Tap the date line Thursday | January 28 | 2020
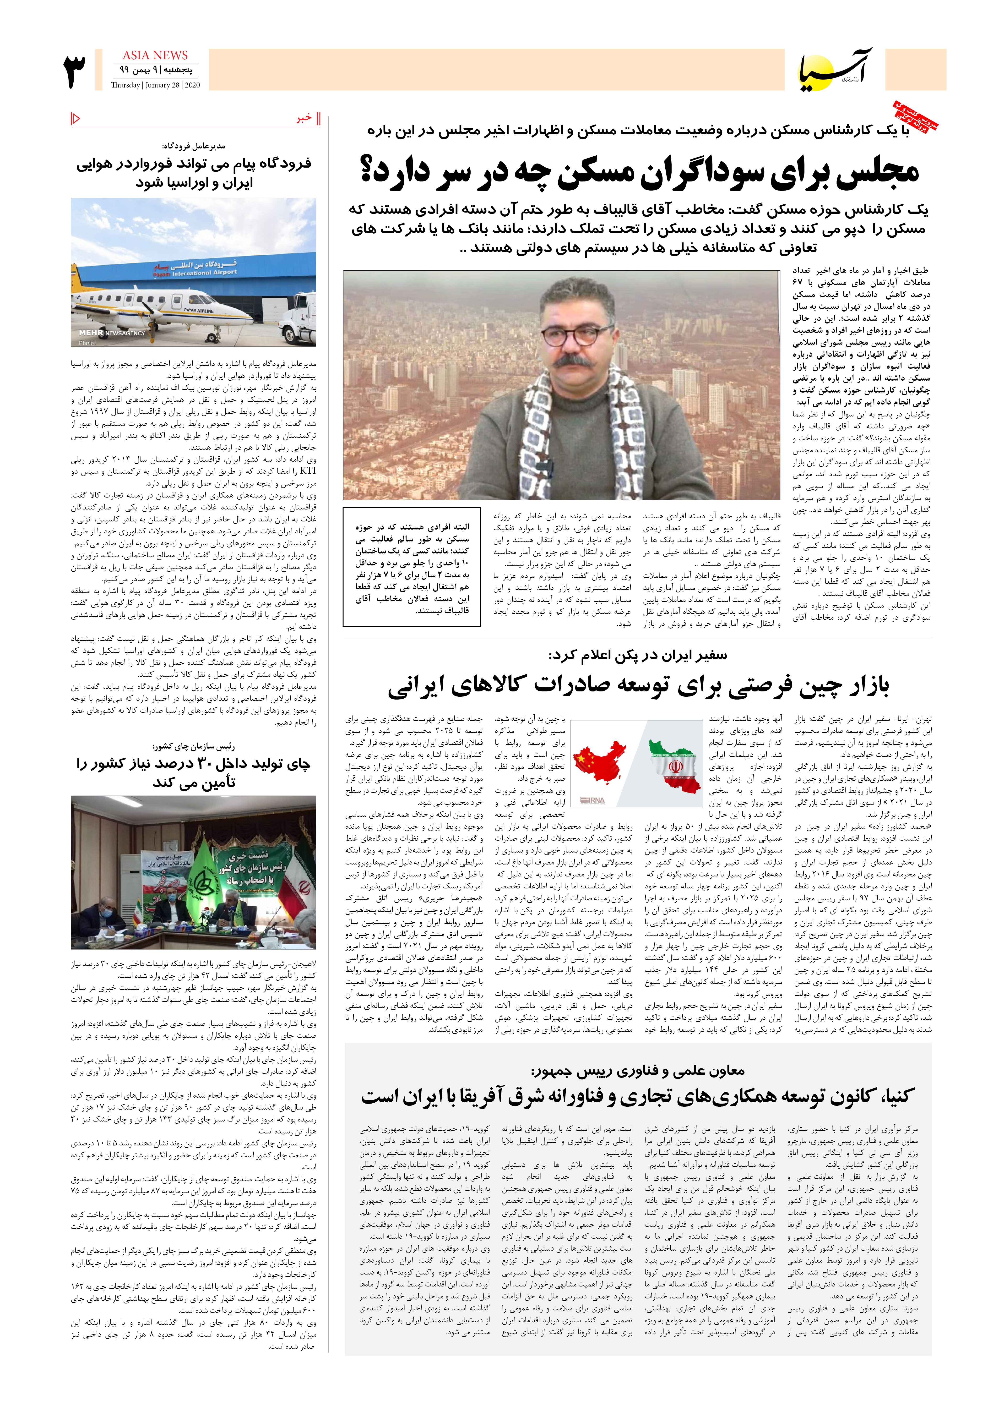[x=155, y=86]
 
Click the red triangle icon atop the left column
[x=76, y=118]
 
